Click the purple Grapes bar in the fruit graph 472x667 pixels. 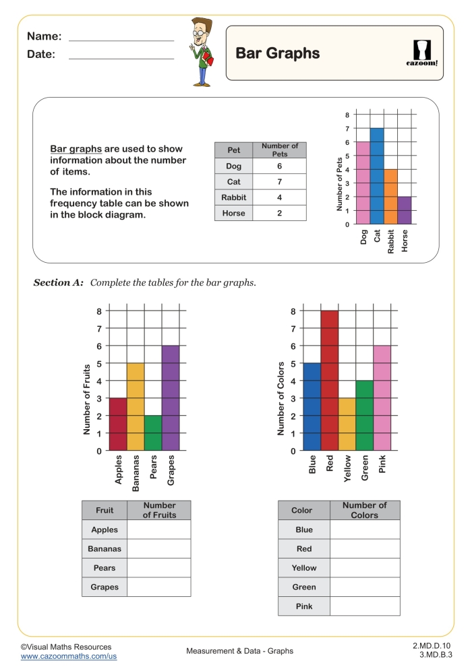tap(171, 398)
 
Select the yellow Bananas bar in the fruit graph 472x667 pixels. tap(136, 407)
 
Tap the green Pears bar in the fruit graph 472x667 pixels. tap(153, 433)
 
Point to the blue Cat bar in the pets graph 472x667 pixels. tap(377, 176)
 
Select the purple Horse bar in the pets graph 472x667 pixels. tap(404, 210)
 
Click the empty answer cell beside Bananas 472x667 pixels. tap(158, 549)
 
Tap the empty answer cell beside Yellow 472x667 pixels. tap(365, 568)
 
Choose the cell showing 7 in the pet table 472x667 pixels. tap(279, 182)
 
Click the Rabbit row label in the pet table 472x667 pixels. tap(234, 197)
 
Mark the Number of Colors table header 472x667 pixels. tap(365, 510)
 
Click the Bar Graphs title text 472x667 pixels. tap(278, 54)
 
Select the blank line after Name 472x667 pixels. tap(121, 41)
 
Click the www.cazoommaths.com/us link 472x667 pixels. tap(69, 656)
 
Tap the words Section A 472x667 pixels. tap(58, 282)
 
